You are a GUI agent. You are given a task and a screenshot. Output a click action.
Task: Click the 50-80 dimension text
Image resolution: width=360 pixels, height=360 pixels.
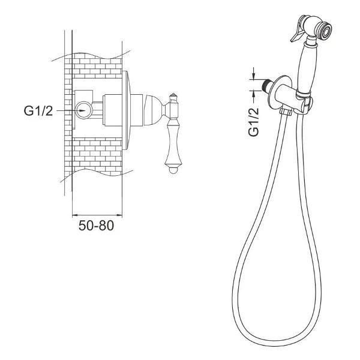pos(96,226)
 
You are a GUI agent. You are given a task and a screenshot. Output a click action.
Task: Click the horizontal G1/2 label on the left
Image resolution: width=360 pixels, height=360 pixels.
pos(38,110)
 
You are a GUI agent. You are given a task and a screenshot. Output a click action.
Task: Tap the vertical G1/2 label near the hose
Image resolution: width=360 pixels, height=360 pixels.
pos(253,122)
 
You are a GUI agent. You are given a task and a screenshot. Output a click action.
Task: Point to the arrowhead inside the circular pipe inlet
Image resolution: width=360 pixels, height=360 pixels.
pos(82,110)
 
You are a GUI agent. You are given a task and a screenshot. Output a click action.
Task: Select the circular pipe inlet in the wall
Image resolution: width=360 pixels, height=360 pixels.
pos(84,110)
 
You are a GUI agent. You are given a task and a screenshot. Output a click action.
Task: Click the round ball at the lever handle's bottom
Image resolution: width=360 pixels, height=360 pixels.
pos(173,170)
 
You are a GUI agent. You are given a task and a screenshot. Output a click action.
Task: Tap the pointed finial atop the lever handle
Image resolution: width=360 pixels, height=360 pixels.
pos(173,96)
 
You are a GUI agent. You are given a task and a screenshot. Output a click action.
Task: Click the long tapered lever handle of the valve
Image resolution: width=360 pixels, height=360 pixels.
pos(173,142)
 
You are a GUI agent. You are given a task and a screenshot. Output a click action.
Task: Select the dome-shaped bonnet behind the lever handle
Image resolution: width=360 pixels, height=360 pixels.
pos(154,110)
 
